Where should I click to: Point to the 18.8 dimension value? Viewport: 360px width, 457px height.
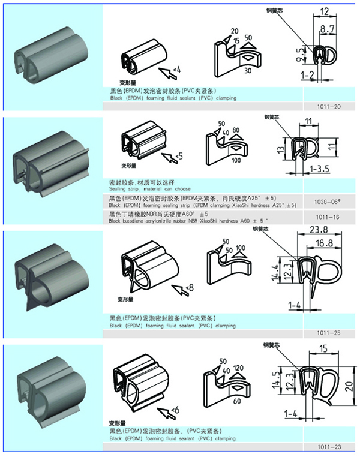326,242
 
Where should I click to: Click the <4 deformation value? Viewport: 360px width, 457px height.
177,70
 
